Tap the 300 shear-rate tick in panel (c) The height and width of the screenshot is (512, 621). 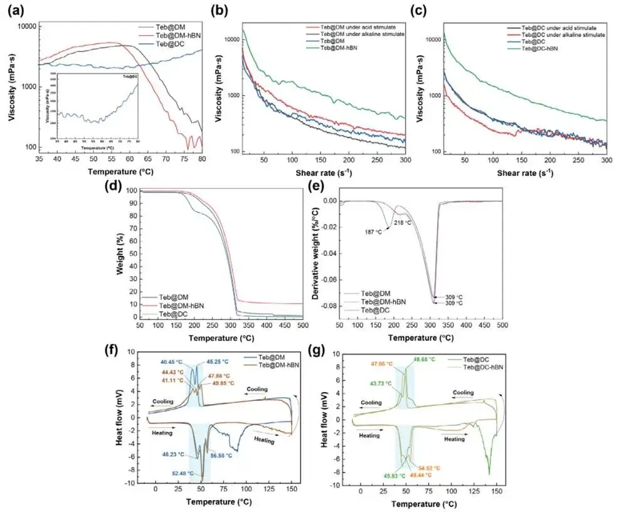606,161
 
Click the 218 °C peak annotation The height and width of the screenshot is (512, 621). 402,222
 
